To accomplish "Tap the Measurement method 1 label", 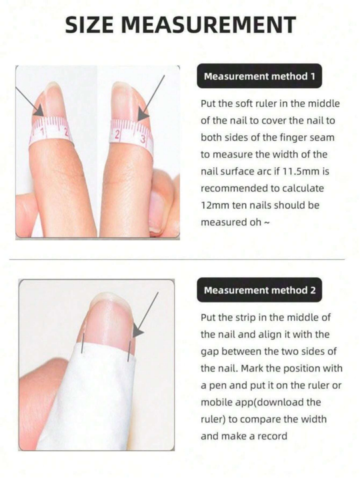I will point(259,76).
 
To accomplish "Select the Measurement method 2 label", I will point(259,290).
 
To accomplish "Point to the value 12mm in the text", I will point(216,206).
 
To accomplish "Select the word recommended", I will point(235,189).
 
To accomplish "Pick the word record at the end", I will point(273,436).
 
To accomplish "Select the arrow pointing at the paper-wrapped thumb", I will point(145,313).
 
